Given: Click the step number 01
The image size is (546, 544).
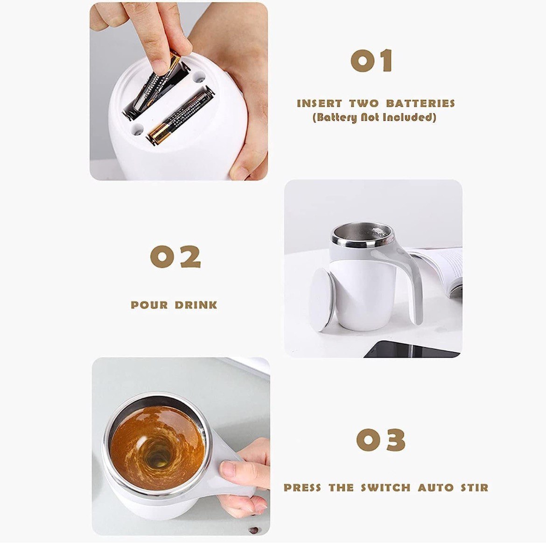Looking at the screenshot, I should point(371,61).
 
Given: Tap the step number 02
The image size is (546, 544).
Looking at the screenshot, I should point(175,257).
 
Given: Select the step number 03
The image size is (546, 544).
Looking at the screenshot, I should point(381,440).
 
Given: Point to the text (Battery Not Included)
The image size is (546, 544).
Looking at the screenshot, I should point(374,117).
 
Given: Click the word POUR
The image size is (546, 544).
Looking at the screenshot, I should point(149,305).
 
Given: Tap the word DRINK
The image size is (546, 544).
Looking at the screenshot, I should point(196,305).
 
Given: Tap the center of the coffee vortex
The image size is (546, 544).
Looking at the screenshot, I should point(156,455).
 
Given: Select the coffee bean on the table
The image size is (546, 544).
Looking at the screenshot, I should point(254,530).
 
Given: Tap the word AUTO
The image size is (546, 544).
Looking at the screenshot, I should point(435,488).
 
